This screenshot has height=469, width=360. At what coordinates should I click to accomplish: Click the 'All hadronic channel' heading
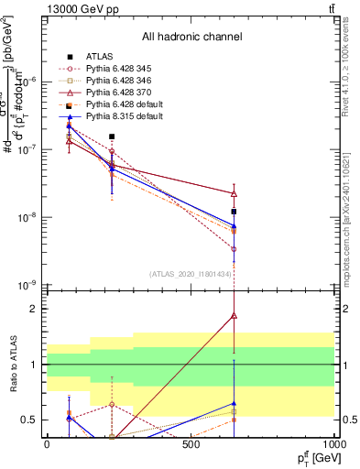(x=191, y=38)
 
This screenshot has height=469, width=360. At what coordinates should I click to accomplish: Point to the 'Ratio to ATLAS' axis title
(x=12, y=364)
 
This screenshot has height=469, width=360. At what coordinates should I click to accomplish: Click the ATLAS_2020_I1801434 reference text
(x=191, y=274)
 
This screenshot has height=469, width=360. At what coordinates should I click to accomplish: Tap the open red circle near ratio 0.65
(x=112, y=404)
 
